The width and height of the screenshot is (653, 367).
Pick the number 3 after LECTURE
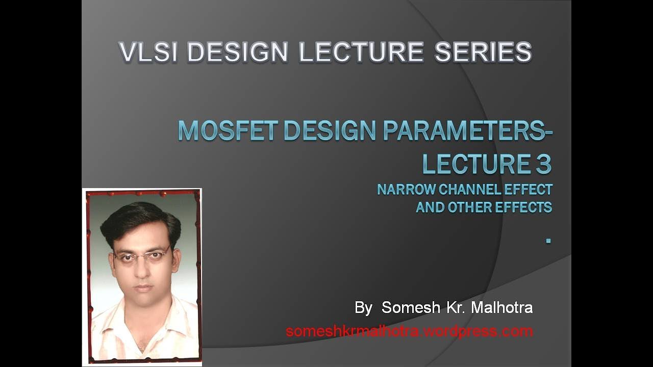pyautogui.click(x=544, y=164)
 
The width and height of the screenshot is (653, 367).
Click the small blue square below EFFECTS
pyautogui.click(x=548, y=240)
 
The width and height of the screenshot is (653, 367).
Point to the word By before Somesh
pyautogui.click(x=363, y=308)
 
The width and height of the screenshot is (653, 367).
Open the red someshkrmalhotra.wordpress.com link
pyautogui.click(x=409, y=331)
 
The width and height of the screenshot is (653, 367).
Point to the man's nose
pyautogui.click(x=143, y=270)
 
